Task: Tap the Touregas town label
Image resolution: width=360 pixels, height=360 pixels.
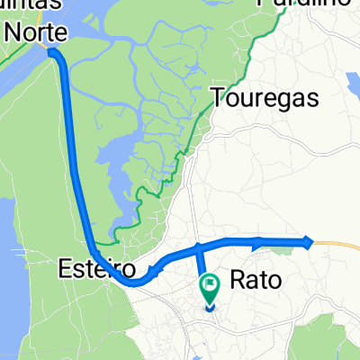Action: (265, 97)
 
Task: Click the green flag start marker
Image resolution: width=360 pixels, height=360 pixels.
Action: (213, 287)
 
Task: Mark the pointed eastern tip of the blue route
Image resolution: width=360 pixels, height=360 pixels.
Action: (311, 241)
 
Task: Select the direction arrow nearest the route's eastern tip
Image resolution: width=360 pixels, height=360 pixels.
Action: (259, 240)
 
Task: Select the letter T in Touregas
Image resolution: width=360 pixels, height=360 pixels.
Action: (218, 97)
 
